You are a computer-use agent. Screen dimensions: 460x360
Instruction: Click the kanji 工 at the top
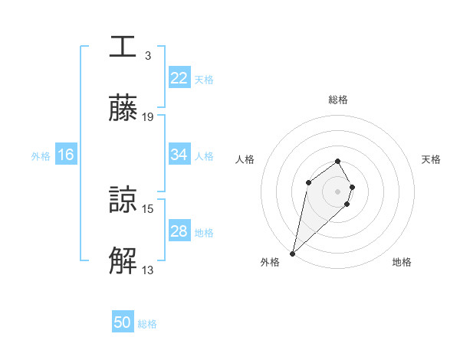pyautogui.click(x=123, y=47)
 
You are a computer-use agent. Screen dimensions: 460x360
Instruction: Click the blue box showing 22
pyautogui.click(x=179, y=78)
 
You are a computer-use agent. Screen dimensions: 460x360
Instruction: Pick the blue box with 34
pyautogui.click(x=179, y=155)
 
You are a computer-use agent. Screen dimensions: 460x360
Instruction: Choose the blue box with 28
pyautogui.click(x=179, y=231)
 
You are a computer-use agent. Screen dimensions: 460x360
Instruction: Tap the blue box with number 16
pyautogui.click(x=66, y=155)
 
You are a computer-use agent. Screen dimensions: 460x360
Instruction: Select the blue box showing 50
pyautogui.click(x=123, y=322)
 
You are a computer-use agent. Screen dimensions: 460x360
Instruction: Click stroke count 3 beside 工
pyautogui.click(x=147, y=55)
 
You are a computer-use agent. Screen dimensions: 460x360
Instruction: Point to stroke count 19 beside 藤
pyautogui.click(x=148, y=116)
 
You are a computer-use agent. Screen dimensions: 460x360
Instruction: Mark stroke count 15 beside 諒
pyautogui.click(x=148, y=208)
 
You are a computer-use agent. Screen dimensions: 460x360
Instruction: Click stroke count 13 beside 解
pyautogui.click(x=148, y=270)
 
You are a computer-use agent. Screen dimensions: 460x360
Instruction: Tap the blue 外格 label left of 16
pyautogui.click(x=41, y=155)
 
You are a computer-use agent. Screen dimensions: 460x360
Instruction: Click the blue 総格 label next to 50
pyautogui.click(x=147, y=323)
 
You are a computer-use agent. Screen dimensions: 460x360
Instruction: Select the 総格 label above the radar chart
pyautogui.click(x=338, y=100)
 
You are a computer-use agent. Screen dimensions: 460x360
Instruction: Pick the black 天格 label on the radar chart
pyautogui.click(x=432, y=159)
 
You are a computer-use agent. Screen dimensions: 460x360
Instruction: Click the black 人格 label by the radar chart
pyautogui.click(x=245, y=159)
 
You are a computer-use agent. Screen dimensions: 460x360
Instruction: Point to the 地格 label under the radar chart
pyautogui.click(x=402, y=262)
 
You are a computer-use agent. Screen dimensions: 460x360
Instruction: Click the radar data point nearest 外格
pyautogui.click(x=293, y=253)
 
